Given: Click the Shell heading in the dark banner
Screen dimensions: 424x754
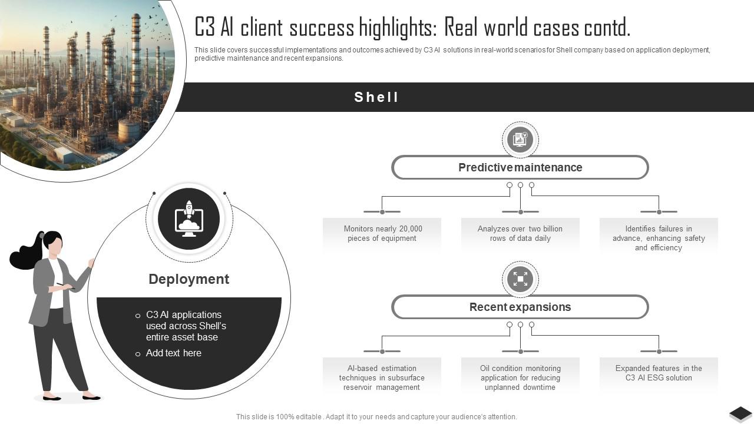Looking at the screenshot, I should click(x=376, y=97).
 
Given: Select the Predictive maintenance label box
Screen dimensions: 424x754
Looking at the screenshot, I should click(x=520, y=168).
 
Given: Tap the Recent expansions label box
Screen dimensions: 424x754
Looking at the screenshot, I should click(x=520, y=307).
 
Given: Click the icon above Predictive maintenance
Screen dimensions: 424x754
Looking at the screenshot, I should click(x=520, y=140).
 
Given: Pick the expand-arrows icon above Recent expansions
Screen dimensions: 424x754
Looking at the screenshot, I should click(x=520, y=279).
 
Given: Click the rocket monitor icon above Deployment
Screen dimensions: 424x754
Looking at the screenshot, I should click(x=189, y=219).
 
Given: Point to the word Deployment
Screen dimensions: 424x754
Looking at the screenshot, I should click(x=188, y=279).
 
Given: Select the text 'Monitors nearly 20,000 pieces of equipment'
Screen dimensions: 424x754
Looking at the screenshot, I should click(x=382, y=234).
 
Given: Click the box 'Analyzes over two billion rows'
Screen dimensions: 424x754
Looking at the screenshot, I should click(x=520, y=234).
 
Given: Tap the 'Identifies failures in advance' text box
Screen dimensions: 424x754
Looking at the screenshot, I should click(x=659, y=238).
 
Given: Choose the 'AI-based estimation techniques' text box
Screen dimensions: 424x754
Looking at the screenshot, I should click(x=382, y=377).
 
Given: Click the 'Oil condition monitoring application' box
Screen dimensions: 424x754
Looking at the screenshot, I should click(x=520, y=377).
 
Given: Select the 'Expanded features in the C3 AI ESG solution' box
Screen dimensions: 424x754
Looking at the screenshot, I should click(x=659, y=373).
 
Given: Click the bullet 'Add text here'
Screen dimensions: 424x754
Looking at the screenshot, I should click(x=173, y=353).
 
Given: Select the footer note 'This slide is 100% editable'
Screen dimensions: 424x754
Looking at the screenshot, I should click(x=376, y=416).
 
